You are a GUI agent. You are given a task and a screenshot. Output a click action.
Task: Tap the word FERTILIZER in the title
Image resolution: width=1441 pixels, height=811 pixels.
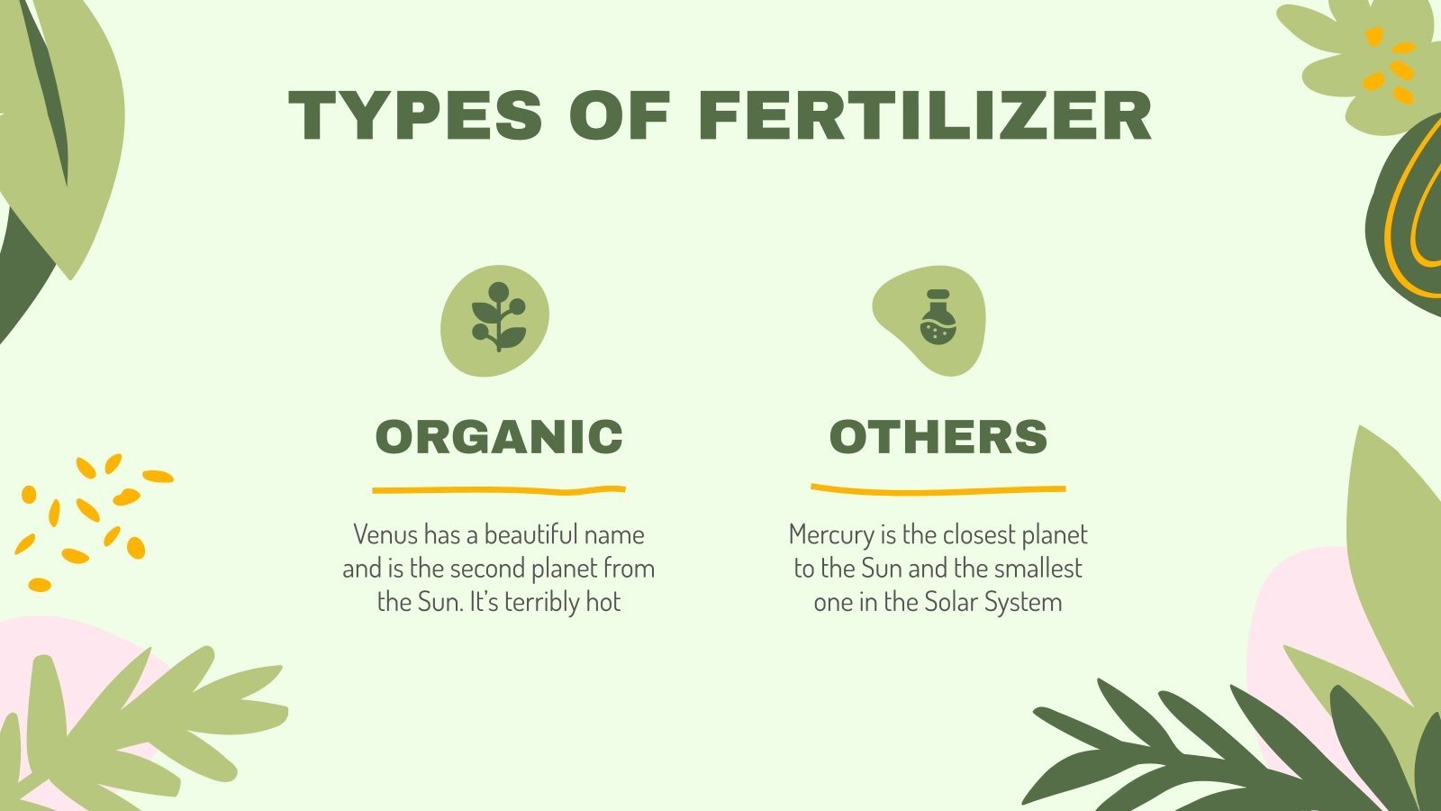[925, 115]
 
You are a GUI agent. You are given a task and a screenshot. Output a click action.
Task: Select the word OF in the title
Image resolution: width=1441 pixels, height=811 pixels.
[620, 115]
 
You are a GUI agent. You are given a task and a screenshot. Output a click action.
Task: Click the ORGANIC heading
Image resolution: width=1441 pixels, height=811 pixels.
[499, 437]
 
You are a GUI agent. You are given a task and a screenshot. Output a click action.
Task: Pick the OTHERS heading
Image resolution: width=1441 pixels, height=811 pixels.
[938, 437]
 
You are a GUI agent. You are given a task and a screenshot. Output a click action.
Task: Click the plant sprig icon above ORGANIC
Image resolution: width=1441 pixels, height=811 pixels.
[497, 318]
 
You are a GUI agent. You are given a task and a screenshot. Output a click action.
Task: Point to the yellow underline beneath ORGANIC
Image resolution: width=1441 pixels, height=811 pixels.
[499, 491]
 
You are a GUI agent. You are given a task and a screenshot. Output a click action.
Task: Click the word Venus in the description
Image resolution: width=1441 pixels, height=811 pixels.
[385, 535]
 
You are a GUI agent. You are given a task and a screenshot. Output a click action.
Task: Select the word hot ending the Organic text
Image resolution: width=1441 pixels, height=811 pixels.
[603, 602]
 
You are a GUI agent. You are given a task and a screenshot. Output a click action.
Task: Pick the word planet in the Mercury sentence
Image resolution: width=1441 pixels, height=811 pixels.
[1057, 535]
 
